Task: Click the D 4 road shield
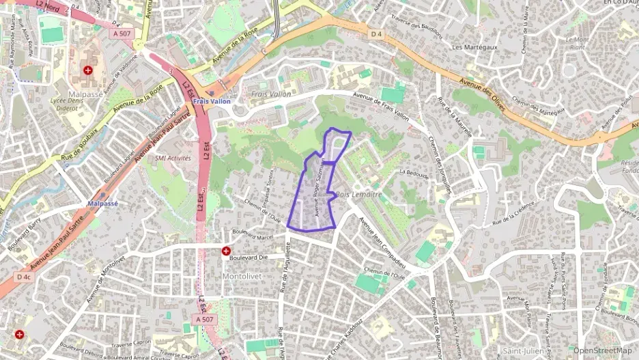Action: point(376,33)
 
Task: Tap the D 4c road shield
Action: point(24,277)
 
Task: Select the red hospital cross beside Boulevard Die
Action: point(225,251)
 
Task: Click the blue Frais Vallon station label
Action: point(212,101)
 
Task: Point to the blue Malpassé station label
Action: point(103,204)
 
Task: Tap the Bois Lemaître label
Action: point(358,195)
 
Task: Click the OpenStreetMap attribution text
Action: point(602,350)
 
